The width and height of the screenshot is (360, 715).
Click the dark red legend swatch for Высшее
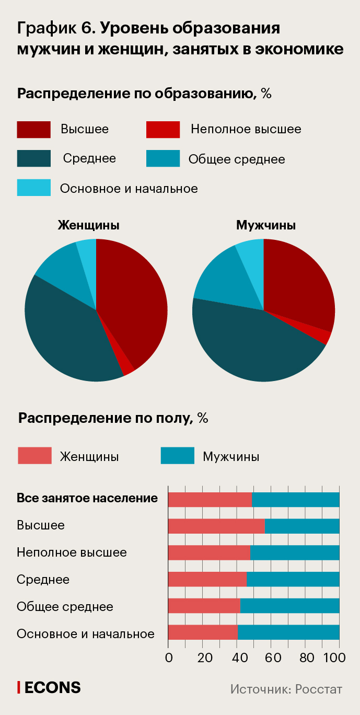click(x=33, y=130)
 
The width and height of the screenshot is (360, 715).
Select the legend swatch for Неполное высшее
click(x=163, y=130)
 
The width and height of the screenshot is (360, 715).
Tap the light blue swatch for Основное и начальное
click(x=33, y=188)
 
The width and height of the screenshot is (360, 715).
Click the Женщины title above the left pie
click(x=88, y=226)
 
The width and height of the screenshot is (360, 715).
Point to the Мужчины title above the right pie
click(x=266, y=226)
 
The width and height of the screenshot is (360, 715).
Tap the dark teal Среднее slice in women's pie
click(x=68, y=335)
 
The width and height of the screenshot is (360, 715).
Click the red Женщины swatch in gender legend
click(x=34, y=456)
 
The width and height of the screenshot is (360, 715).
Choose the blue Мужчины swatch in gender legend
click(x=178, y=456)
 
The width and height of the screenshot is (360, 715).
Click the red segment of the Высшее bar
click(x=216, y=526)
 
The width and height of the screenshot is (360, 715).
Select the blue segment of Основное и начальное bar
click(x=288, y=632)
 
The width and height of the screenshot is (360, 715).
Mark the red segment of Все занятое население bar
click(x=210, y=499)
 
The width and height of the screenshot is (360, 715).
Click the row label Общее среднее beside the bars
click(x=65, y=607)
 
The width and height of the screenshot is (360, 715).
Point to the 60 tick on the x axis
click(x=271, y=658)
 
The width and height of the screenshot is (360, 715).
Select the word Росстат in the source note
click(x=319, y=689)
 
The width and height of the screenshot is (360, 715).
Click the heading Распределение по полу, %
click(x=113, y=418)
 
